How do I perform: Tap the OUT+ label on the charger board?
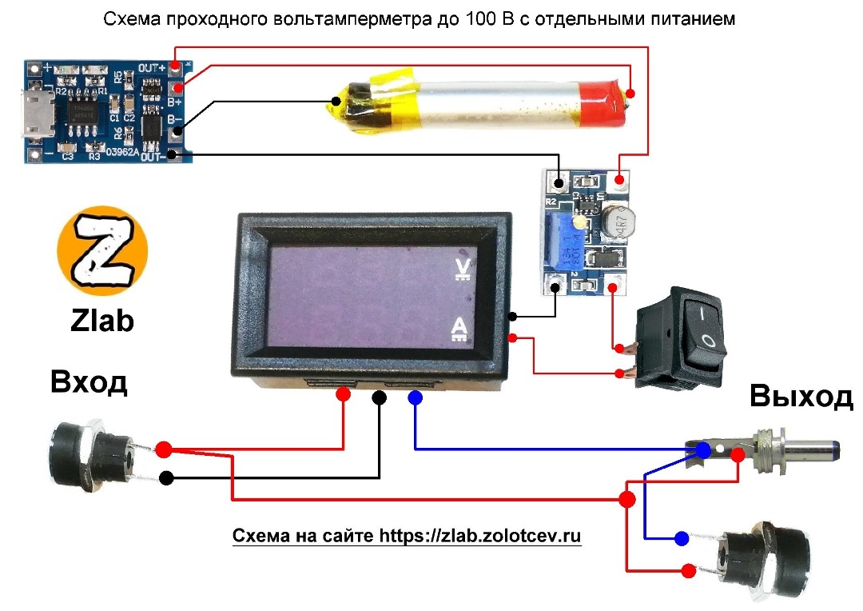tap(151, 68)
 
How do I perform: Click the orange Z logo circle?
tap(102, 248)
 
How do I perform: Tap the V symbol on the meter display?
tap(461, 269)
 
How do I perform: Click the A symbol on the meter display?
tap(460, 329)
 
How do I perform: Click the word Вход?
tap(89, 382)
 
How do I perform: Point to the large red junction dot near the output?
tap(627, 500)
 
